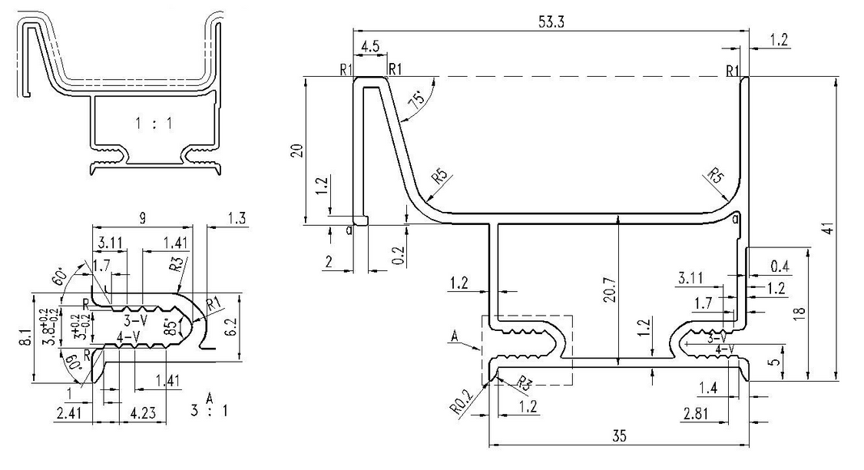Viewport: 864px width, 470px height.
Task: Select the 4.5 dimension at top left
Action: pyautogui.click(x=369, y=46)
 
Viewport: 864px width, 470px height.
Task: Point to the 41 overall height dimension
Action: pyautogui.click(x=833, y=229)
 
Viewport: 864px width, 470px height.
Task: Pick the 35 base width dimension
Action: pyautogui.click(x=619, y=435)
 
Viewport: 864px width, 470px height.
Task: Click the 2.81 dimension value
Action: pyautogui.click(x=696, y=415)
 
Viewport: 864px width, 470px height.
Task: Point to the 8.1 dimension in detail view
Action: pyautogui.click(x=23, y=336)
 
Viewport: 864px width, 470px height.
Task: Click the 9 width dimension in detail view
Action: pyautogui.click(x=142, y=218)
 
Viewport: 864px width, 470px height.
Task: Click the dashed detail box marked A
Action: pyautogui.click(x=527, y=349)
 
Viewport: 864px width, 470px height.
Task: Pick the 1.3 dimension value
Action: pyautogui.click(x=238, y=218)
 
